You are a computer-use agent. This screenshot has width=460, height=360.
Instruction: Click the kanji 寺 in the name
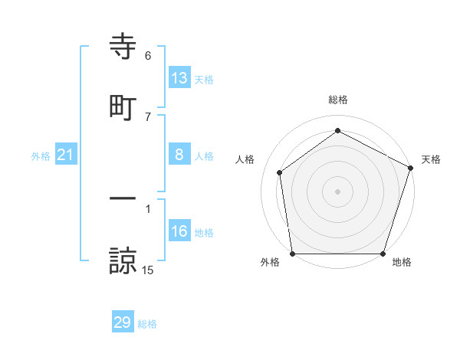(x=123, y=47)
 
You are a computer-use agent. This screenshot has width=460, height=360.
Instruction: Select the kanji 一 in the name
(x=123, y=198)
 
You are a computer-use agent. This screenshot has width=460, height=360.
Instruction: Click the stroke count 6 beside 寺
(x=148, y=56)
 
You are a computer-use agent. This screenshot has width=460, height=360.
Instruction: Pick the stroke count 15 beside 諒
(x=148, y=270)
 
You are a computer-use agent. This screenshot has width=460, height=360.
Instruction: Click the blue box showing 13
(x=179, y=78)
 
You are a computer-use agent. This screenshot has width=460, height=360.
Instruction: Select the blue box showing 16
(x=179, y=232)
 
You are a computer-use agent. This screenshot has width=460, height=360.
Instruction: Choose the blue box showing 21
(x=66, y=155)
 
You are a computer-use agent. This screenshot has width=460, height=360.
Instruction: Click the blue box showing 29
(x=123, y=323)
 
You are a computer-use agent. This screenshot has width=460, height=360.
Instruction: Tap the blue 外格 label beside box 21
(x=41, y=156)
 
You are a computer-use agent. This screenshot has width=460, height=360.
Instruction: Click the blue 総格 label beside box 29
(x=147, y=324)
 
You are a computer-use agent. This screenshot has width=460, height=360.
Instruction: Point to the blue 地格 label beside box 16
(x=204, y=233)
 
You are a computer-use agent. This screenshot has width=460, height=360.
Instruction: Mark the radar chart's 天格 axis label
(x=431, y=159)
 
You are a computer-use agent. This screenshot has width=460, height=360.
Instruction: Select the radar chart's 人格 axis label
(x=245, y=159)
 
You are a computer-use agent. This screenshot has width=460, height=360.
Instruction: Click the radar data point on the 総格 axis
(x=337, y=131)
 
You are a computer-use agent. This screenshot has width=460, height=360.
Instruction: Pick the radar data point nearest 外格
(x=292, y=254)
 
